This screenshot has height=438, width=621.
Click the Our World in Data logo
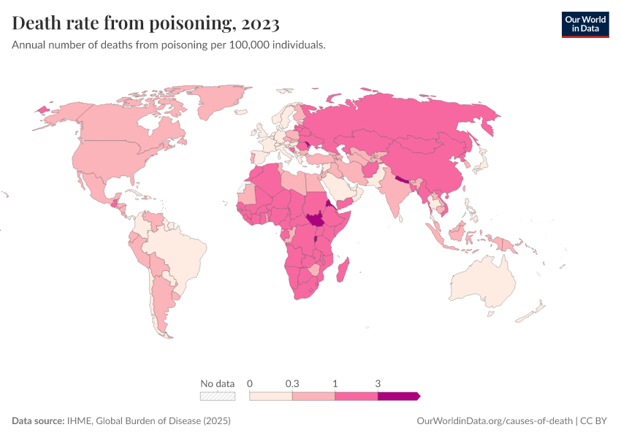pyautogui.click(x=584, y=23)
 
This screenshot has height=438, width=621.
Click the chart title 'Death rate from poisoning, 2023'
pyautogui.click(x=146, y=24)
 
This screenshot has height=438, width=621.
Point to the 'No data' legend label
pyautogui.click(x=218, y=383)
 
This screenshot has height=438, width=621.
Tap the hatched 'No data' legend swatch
pyautogui.click(x=218, y=396)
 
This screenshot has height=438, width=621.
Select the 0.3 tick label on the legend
pyautogui.click(x=292, y=383)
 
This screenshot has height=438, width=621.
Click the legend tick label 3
pyautogui.click(x=378, y=383)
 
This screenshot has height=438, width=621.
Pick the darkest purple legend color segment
pyautogui.click(x=397, y=396)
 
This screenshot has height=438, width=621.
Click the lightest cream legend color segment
pyautogui.click(x=271, y=396)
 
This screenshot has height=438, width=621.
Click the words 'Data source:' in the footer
pyautogui.click(x=38, y=421)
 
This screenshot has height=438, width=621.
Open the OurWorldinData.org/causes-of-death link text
pyautogui.click(x=494, y=421)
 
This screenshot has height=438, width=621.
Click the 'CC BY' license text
pyautogui.click(x=594, y=421)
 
